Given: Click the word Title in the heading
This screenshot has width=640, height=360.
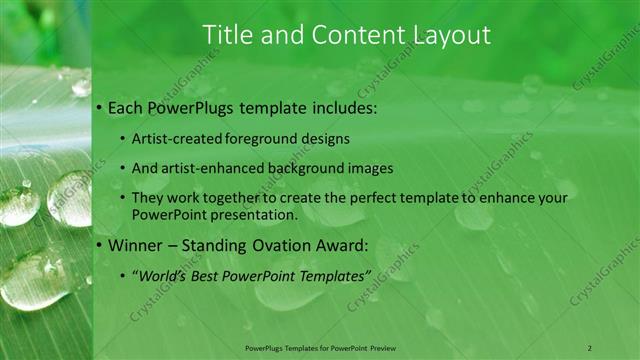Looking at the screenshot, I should click(x=227, y=35).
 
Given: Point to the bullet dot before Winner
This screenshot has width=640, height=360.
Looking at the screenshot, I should click(x=101, y=244).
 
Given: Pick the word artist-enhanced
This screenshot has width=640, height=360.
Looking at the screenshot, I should click(x=205, y=169).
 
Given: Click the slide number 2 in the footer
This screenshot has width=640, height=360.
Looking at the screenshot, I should click(x=589, y=347).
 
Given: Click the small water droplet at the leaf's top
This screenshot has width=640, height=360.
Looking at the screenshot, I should click(x=81, y=87).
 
